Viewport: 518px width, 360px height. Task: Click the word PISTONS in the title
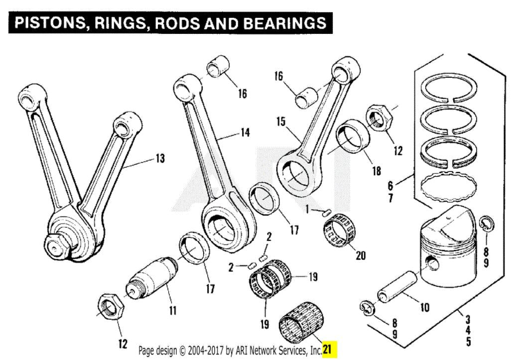click(x=47, y=23)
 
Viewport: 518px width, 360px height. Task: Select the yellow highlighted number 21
click(x=330, y=349)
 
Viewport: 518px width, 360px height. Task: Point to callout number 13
click(x=159, y=159)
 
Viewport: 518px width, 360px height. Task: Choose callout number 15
click(x=281, y=121)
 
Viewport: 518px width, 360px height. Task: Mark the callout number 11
click(x=172, y=311)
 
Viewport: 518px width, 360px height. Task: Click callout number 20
click(x=360, y=256)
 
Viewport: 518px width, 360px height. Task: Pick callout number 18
click(x=377, y=171)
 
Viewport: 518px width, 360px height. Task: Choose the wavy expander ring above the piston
click(x=446, y=188)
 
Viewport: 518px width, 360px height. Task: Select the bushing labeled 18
click(x=354, y=136)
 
